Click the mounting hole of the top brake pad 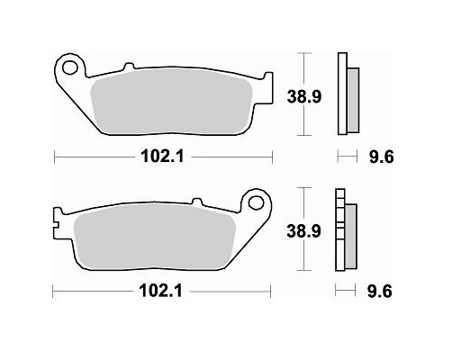click(x=70, y=66)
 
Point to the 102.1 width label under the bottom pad click(x=162, y=292)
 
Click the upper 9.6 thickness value click(x=378, y=157)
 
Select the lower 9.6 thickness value click(x=378, y=292)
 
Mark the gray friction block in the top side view click(x=352, y=101)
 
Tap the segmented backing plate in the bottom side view click(x=339, y=230)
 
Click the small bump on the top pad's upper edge click(x=128, y=65)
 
